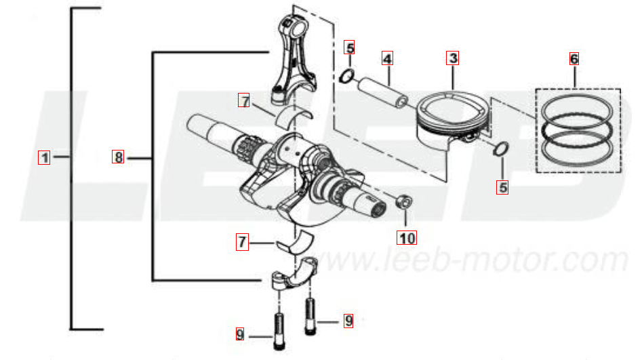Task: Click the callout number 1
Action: point(44,158)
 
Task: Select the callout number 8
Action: point(118,157)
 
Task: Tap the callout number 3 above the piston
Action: point(452,58)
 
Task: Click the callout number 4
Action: point(387,58)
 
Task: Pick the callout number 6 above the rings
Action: point(574,59)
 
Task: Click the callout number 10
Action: point(407,238)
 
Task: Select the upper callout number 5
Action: point(349,48)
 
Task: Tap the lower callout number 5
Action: point(502,188)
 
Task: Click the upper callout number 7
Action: point(244,100)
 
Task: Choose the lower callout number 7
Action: point(243,242)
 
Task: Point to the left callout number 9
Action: point(240,334)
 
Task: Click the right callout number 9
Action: point(348,320)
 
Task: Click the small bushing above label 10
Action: point(403,201)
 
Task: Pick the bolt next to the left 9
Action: point(279,332)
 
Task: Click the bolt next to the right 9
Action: point(310,317)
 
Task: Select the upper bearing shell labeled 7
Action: point(293,115)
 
